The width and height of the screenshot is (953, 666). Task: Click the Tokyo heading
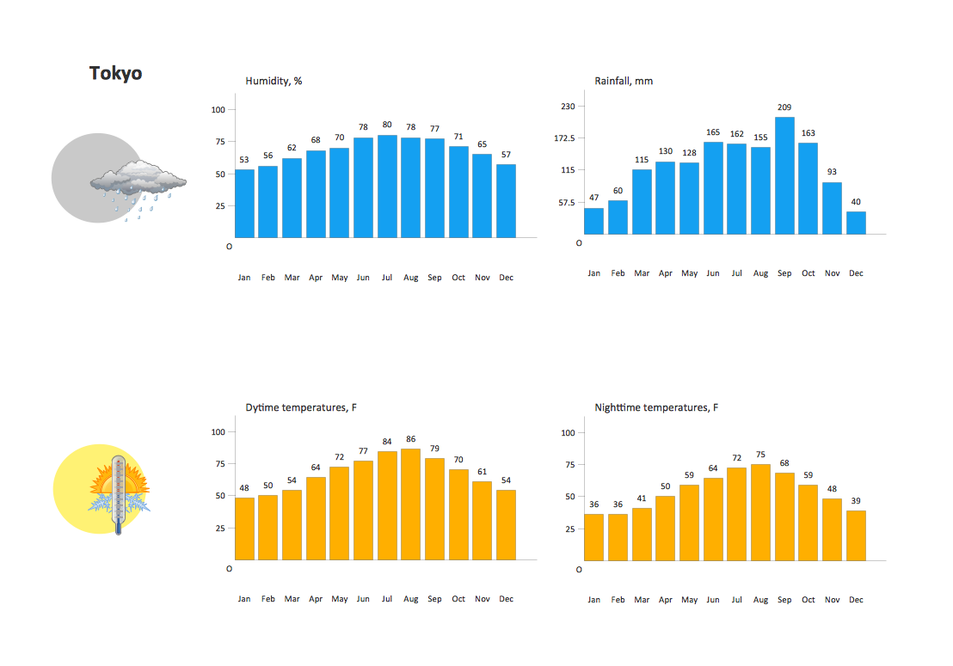(x=115, y=74)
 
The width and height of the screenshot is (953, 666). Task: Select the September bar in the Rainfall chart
(x=784, y=175)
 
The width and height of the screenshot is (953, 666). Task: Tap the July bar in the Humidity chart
(x=387, y=186)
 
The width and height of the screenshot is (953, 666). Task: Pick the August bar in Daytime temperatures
(x=411, y=504)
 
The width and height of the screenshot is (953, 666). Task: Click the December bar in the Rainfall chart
(x=856, y=223)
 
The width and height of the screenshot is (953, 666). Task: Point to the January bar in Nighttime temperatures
(x=594, y=537)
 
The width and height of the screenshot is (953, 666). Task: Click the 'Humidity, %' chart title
(x=274, y=82)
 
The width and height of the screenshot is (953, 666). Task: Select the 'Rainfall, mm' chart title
(x=624, y=82)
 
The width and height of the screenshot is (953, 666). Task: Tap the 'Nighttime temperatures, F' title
(x=656, y=407)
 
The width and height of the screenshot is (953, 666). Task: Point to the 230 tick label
(x=568, y=107)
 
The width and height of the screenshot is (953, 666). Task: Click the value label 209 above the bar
(x=784, y=107)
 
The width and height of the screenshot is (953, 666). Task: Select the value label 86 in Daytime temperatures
(x=411, y=439)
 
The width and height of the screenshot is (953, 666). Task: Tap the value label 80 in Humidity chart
(x=387, y=125)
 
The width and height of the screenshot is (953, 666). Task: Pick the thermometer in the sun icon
(x=119, y=497)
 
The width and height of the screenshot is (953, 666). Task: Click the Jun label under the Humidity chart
(x=363, y=278)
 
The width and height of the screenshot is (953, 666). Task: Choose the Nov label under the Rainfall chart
(x=832, y=273)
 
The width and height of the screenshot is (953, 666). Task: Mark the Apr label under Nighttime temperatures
(x=666, y=600)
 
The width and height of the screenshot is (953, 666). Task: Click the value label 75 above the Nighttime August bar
(x=760, y=455)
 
